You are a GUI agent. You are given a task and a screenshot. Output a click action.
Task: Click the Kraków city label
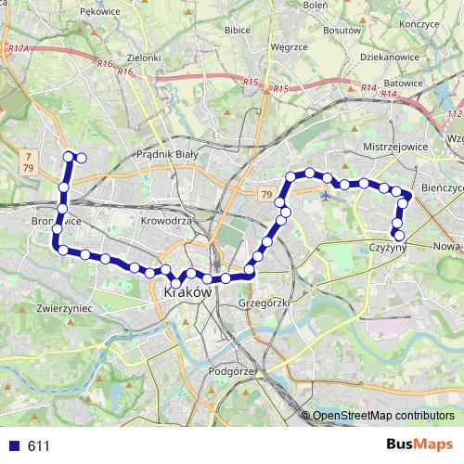coord(188,291)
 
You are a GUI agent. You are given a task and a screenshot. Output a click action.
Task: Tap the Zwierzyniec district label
coord(61,305)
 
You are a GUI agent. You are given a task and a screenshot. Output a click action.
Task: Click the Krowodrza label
coord(166,222)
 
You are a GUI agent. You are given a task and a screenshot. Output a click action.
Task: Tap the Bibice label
coord(238,30)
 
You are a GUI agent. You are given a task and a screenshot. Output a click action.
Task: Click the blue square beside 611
coord(15,446)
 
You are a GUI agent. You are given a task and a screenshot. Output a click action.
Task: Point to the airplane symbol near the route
coord(326,195)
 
